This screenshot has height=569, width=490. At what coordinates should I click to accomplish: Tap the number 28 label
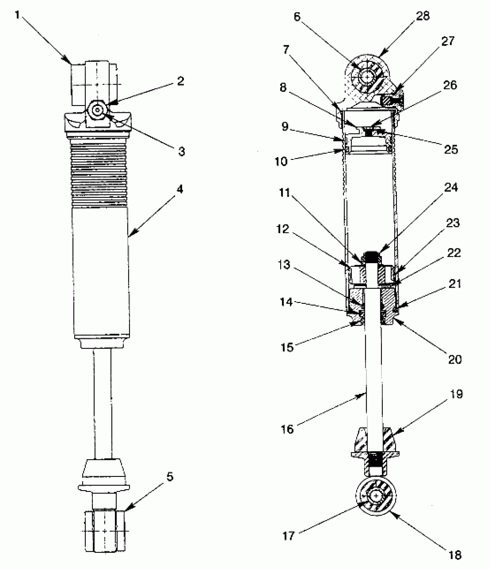pyautogui.click(x=423, y=16)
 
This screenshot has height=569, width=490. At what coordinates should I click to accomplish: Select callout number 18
pyautogui.click(x=455, y=555)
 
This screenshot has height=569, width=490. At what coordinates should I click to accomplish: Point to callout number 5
pyautogui.click(x=170, y=477)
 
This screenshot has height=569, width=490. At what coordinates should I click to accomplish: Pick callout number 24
pyautogui.click(x=451, y=187)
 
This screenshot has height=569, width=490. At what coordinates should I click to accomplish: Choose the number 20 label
pyautogui.click(x=455, y=359)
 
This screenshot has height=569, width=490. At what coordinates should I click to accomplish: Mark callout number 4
pyautogui.click(x=180, y=189)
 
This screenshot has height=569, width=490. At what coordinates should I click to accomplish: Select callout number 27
pyautogui.click(x=448, y=41)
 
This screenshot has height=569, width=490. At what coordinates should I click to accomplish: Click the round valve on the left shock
pyautogui.click(x=98, y=110)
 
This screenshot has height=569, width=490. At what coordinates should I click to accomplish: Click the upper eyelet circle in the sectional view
pyautogui.click(x=367, y=77)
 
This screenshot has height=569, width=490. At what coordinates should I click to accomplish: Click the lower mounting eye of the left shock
pyautogui.click(x=105, y=530)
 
